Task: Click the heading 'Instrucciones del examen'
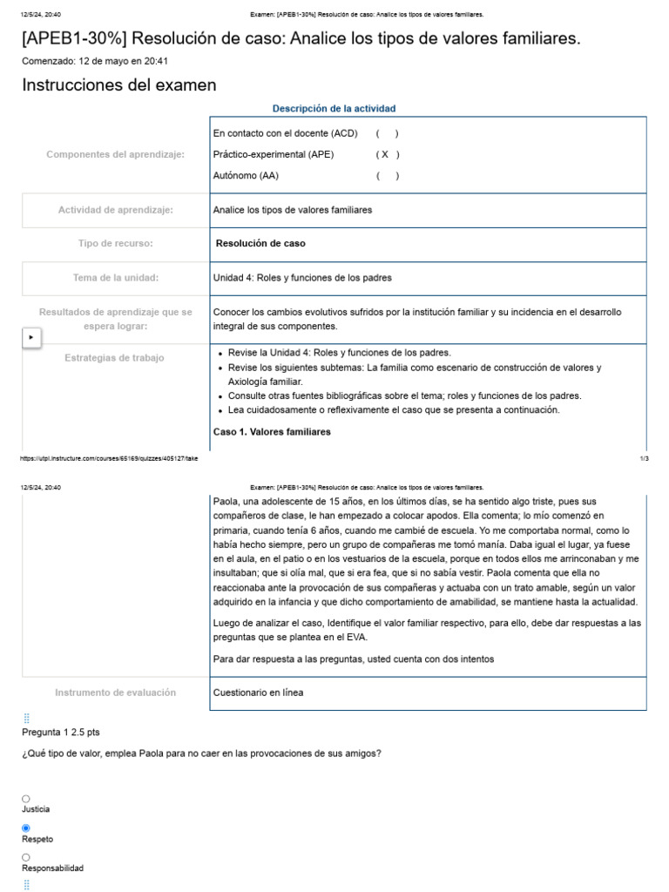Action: point(118,85)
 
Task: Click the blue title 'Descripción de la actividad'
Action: point(334,109)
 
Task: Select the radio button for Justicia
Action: point(25,799)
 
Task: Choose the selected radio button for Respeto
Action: point(25,828)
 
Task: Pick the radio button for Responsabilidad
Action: point(25,858)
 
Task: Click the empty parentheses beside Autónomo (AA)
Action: point(388,175)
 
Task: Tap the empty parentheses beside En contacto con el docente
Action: point(388,133)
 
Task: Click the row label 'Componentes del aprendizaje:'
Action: point(115,154)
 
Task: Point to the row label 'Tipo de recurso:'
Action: point(115,244)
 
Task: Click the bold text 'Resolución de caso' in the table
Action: point(260,244)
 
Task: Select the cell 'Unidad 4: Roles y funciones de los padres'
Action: point(302,278)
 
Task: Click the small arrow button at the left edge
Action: point(31,337)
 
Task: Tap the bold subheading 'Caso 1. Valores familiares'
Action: point(272,432)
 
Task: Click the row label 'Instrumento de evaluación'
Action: point(115,693)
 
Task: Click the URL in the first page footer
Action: point(109,458)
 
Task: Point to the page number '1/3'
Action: point(644,458)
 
